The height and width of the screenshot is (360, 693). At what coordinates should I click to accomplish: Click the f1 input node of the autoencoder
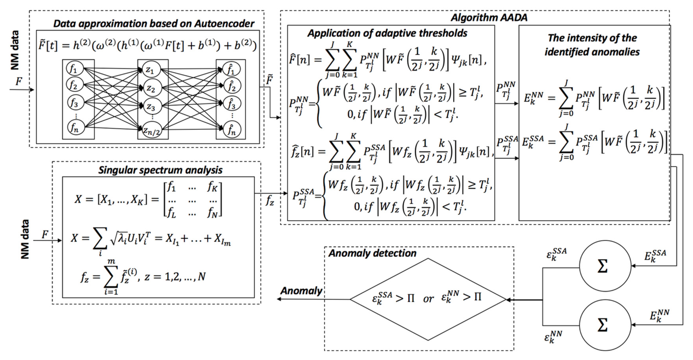(75, 69)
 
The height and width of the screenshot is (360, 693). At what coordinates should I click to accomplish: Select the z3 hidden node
(151, 107)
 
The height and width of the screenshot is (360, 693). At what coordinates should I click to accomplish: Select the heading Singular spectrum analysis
(160, 170)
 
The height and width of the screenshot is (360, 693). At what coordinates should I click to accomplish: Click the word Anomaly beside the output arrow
(301, 291)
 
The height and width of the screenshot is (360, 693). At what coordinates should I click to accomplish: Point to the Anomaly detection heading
(372, 253)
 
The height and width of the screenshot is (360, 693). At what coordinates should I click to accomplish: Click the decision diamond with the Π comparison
(428, 299)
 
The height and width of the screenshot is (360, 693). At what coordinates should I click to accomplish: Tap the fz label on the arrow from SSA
(270, 200)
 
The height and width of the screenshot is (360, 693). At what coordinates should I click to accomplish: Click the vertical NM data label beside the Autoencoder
(15, 50)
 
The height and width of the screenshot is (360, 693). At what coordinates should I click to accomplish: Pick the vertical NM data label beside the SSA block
(25, 239)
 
